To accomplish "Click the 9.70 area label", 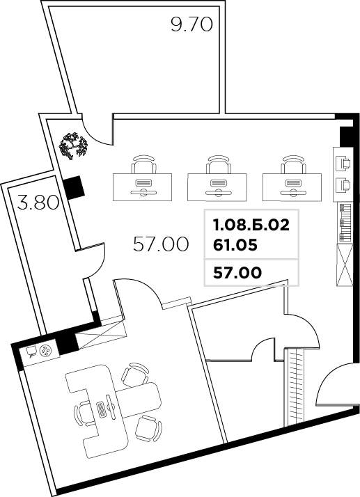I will point(191,26).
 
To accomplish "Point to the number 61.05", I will point(234,244).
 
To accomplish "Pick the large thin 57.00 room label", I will point(161,244).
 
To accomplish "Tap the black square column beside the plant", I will point(73,186).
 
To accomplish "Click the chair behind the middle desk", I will point(218,164).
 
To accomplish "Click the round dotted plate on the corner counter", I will point(47,351).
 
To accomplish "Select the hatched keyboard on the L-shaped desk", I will point(103,410).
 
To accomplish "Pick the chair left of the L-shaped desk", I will point(84,413).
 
